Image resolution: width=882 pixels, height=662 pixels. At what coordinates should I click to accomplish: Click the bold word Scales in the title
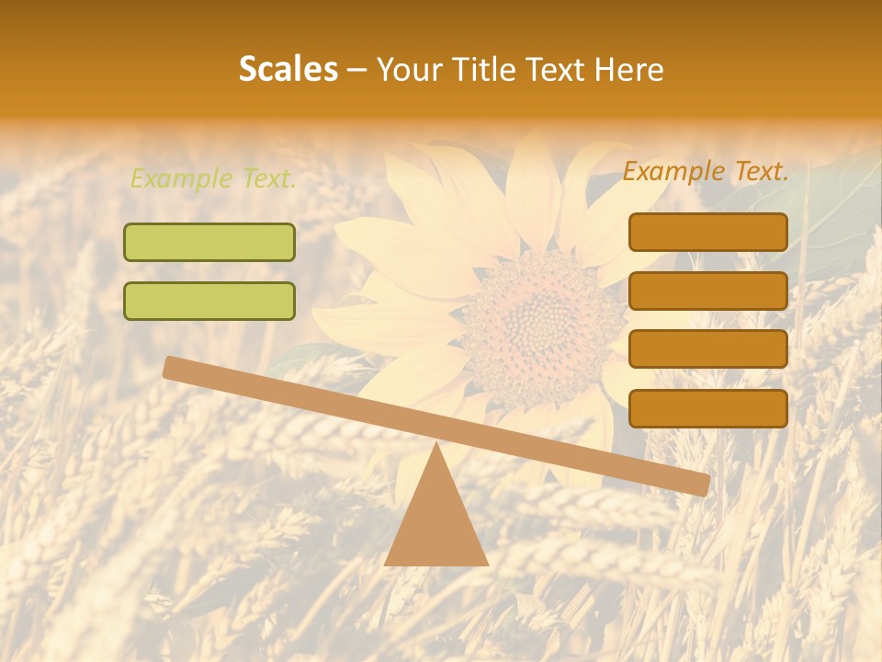[288, 70]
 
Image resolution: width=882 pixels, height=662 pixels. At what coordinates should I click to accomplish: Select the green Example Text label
[213, 179]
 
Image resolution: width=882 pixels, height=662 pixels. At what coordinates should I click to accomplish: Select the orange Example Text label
[706, 171]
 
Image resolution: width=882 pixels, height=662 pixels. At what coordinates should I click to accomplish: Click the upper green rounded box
[209, 242]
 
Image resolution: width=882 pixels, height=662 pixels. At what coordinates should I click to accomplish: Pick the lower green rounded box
[209, 301]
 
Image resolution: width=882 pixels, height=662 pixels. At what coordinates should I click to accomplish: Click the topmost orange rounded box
[708, 232]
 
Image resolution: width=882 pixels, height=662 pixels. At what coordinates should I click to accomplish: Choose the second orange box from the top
[708, 291]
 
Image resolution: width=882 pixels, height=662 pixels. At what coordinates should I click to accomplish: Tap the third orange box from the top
[708, 349]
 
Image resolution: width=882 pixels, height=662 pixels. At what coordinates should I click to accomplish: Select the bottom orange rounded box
[708, 408]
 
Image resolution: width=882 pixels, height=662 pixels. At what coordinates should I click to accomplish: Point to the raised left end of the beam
[172, 367]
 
